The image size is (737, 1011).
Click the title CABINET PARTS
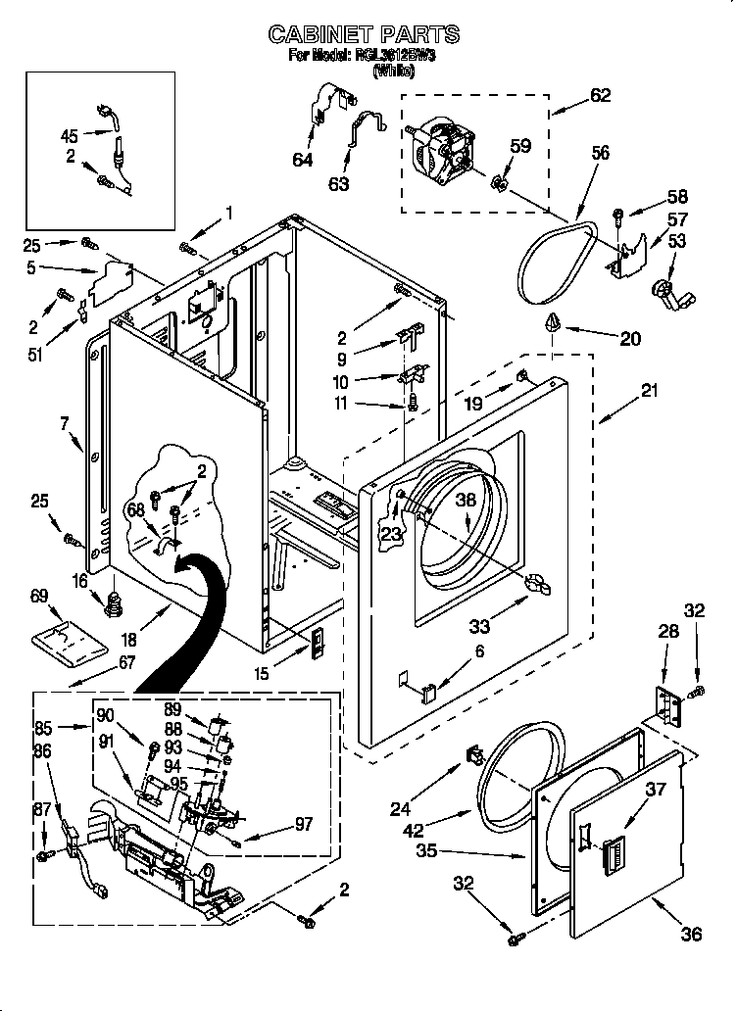coord(365,35)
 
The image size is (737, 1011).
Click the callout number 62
coord(600,95)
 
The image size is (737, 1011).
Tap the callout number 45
coord(70,135)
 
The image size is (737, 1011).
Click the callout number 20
coord(630,338)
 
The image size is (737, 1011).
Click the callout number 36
coord(691,934)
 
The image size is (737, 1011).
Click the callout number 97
coord(304,824)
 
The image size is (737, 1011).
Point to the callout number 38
coord(467,499)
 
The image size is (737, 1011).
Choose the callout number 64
coord(303,160)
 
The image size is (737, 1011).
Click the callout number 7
coord(65,423)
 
